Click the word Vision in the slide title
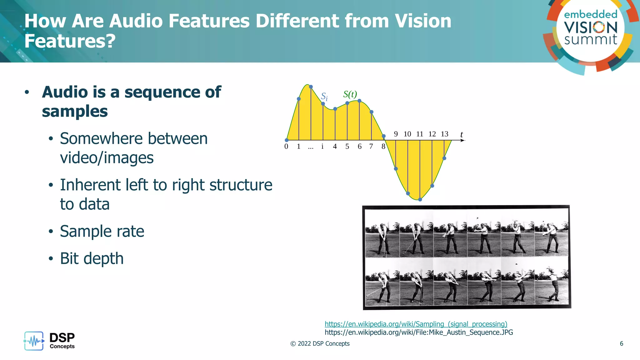pyautogui.click(x=423, y=21)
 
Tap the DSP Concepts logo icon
pyautogui.click(x=34, y=341)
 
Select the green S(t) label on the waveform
pyautogui.click(x=350, y=94)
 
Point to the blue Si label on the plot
pyautogui.click(x=324, y=96)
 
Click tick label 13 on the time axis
pyautogui.click(x=444, y=134)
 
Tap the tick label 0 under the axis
pyautogui.click(x=286, y=147)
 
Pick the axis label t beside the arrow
pyautogui.click(x=462, y=134)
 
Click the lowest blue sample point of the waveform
pyautogui.click(x=420, y=199)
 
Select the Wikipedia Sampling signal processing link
pyautogui.click(x=416, y=324)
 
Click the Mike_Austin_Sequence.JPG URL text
pyautogui.click(x=419, y=332)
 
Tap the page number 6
pyautogui.click(x=621, y=344)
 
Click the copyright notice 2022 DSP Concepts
pyautogui.click(x=320, y=344)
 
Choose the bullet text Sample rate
pyautogui.click(x=102, y=231)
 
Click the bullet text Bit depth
pyautogui.click(x=92, y=258)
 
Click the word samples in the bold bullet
pyautogui.click(x=75, y=112)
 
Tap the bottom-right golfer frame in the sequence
pyautogui.click(x=551, y=282)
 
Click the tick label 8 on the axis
pyautogui.click(x=383, y=147)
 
